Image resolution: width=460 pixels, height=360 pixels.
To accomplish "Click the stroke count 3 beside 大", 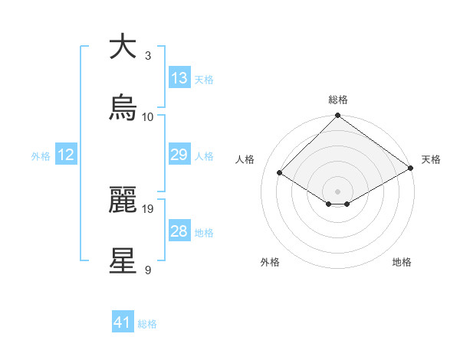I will (148, 56).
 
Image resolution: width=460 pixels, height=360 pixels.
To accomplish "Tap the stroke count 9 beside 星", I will (148, 270).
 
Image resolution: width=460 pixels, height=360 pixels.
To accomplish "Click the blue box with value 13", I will (179, 78).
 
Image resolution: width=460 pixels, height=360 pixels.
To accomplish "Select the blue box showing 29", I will (179, 155).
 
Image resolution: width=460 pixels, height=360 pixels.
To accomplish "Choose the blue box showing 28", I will (179, 231).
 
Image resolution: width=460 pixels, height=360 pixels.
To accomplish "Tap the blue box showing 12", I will (66, 155).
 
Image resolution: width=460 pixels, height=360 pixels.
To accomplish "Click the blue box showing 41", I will (123, 323).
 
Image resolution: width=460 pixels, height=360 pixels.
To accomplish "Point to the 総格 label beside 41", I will (147, 324).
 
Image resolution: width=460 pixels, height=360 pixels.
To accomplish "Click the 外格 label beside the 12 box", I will (41, 155).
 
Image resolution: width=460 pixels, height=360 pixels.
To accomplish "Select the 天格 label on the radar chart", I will (431, 159).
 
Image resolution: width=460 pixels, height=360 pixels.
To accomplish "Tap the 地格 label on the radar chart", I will (402, 262).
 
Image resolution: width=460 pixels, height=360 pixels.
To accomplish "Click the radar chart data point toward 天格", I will (411, 169).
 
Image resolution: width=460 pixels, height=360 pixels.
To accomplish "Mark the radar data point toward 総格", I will (337, 116).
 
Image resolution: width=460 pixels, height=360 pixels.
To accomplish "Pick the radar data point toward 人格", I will (281, 172).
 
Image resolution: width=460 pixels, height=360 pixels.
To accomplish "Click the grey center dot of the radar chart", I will (337, 191).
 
